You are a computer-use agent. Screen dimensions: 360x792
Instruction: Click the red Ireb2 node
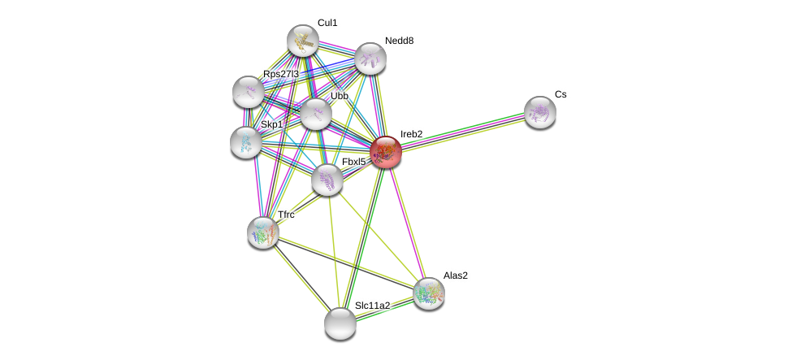(x=385, y=152)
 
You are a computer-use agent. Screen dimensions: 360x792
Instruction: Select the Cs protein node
(x=539, y=112)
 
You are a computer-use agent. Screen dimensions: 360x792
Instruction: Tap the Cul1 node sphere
(x=302, y=41)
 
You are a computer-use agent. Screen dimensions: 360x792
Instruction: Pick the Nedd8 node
(x=370, y=59)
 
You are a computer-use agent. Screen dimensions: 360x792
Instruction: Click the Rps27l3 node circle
(x=248, y=92)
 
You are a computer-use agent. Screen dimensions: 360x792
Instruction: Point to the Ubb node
(x=315, y=114)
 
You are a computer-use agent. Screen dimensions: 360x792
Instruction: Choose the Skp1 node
(x=245, y=142)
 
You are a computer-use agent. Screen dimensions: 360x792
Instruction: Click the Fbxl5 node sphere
(x=327, y=180)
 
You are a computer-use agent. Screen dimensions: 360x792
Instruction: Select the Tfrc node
(x=262, y=232)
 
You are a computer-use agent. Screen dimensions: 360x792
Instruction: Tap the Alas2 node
(x=428, y=293)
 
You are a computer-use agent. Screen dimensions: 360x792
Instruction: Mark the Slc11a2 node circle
(x=340, y=323)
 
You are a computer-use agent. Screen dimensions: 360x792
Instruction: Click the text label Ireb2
(x=411, y=134)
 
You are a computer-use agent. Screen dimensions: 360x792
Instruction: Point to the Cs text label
(x=560, y=94)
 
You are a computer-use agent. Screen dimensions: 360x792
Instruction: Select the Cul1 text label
(x=327, y=23)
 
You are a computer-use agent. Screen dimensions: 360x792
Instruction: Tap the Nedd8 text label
(x=399, y=41)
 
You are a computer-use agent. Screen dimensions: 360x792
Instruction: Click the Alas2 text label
(x=455, y=275)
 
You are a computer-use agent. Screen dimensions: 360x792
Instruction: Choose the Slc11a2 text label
(x=372, y=306)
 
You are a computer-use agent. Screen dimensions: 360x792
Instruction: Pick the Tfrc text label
(x=286, y=215)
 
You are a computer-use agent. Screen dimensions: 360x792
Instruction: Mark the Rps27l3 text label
(x=280, y=74)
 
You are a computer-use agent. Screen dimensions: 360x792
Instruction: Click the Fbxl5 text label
(x=353, y=162)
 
